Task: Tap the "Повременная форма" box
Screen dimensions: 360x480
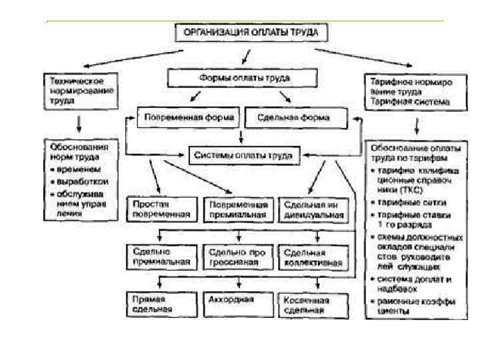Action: [189, 118]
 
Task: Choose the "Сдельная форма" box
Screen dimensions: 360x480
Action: [297, 118]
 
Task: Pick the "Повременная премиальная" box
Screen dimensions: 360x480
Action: [238, 210]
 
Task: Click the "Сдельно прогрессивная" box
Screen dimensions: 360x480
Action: [238, 257]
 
